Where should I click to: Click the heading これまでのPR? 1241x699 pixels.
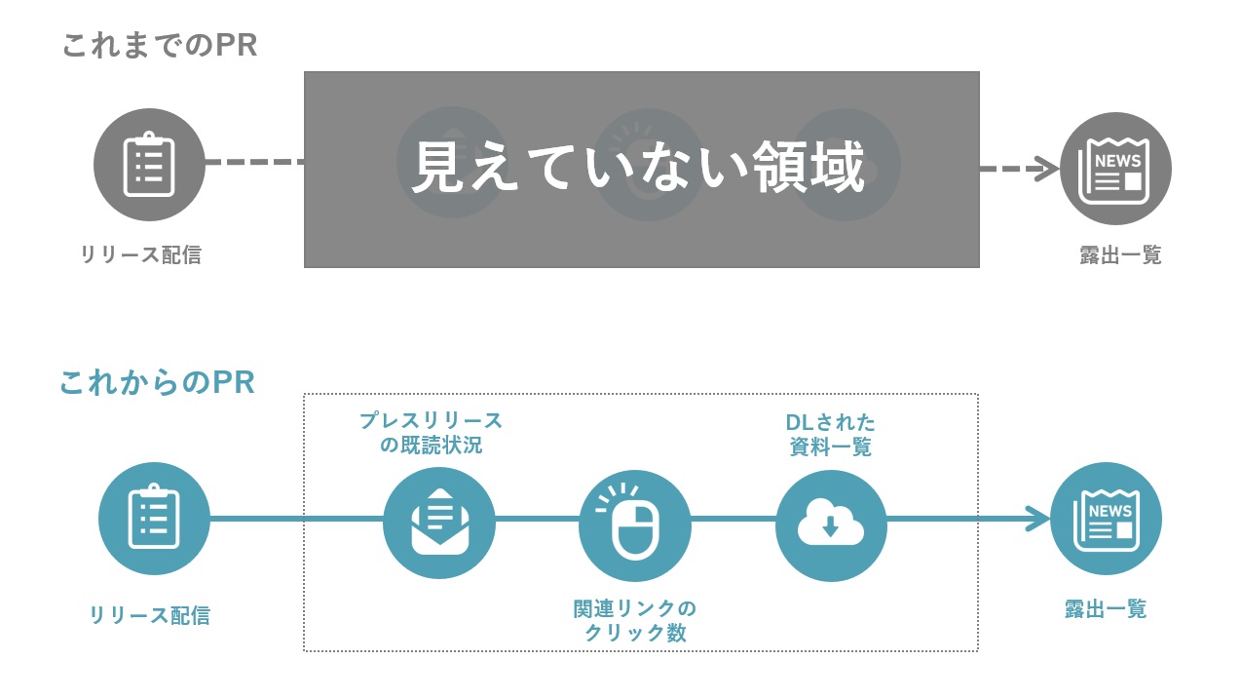160,46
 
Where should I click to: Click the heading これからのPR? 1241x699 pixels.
157,382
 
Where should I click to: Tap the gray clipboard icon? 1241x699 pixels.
149,165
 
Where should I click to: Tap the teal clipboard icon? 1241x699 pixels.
154,518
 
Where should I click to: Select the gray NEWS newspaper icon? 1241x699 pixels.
1114,169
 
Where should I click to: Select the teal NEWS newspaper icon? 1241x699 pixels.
1106,519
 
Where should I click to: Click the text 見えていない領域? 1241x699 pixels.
639,168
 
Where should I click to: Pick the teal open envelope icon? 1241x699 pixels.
439,524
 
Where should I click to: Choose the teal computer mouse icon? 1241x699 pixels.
634,525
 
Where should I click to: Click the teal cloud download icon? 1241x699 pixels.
831,525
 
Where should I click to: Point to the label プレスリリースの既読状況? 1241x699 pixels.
431,434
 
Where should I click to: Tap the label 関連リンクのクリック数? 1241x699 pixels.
635,620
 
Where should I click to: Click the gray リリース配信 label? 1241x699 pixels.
141,255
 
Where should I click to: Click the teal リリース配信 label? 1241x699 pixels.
149,615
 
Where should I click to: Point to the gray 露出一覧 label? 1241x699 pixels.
1120,255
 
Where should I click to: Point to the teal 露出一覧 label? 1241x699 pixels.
1106,610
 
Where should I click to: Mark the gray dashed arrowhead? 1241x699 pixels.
1046,169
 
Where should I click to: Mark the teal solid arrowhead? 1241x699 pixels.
1037,519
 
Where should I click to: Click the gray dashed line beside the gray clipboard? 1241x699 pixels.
254,162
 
